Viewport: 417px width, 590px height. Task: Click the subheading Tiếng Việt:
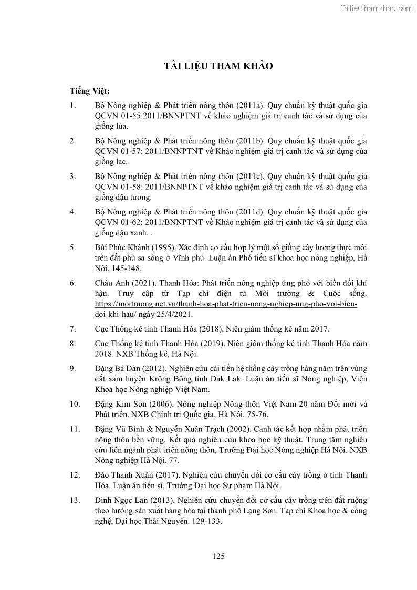pyautogui.click(x=89, y=91)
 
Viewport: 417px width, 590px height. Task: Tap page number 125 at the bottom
pyautogui.click(x=218, y=556)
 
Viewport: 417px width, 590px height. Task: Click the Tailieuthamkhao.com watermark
pyautogui.click(x=377, y=8)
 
